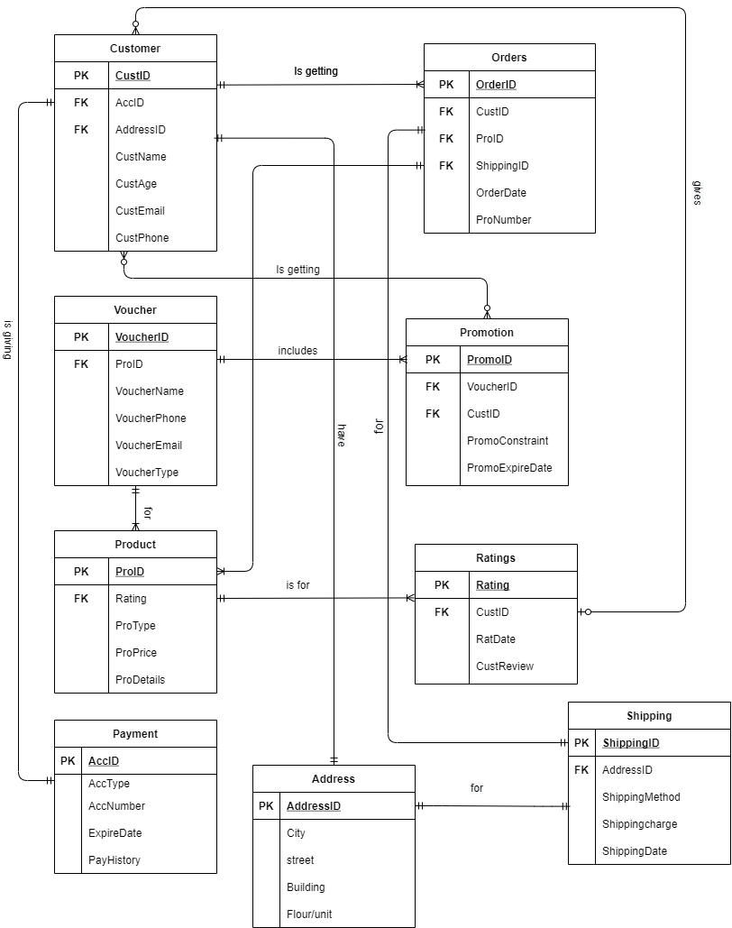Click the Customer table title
[135, 48]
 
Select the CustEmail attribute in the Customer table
[140, 211]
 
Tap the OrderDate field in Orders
[500, 193]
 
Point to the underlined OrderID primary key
[496, 85]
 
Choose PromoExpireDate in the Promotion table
[509, 468]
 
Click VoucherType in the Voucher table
[147, 473]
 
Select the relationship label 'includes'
[297, 350]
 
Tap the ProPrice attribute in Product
[135, 653]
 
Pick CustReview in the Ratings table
[505, 666]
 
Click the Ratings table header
[496, 558]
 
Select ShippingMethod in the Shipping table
[641, 797]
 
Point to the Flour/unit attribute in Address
[309, 914]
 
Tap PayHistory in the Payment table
[114, 860]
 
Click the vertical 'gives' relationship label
[697, 192]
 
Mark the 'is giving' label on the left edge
[8, 339]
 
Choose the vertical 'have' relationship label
[341, 436]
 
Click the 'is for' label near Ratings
[297, 585]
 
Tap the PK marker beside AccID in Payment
[68, 761]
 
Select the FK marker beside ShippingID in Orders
[446, 166]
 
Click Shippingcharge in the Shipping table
[639, 824]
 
